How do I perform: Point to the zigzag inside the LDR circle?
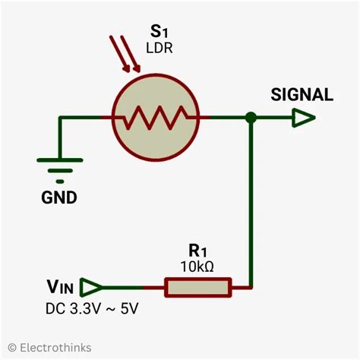pos(155,118)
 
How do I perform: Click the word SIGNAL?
pos(302,95)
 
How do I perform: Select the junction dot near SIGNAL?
pos(250,118)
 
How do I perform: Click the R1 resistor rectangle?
pos(198,287)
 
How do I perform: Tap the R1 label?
pos(198,251)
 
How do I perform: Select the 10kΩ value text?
pos(198,267)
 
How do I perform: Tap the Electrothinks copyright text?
pos(49,347)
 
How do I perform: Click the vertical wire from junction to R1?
pos(251,205)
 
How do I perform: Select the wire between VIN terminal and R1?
pos(133,287)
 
